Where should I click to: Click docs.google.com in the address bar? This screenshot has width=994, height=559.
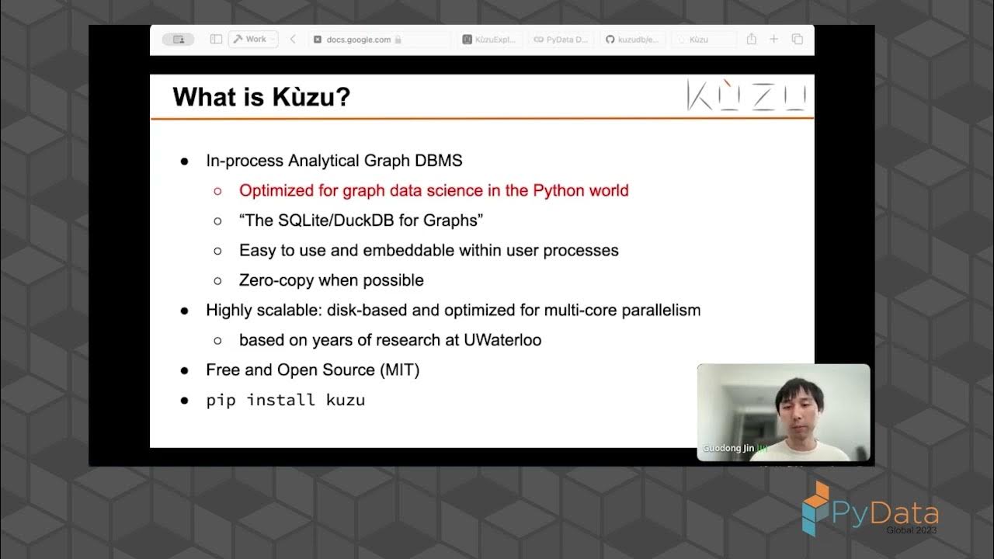tap(358, 40)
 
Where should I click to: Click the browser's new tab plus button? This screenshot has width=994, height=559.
tap(773, 40)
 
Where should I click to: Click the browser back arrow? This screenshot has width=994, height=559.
tap(293, 40)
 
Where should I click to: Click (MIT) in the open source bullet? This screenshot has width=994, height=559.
tap(399, 370)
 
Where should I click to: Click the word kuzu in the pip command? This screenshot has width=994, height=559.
tap(345, 401)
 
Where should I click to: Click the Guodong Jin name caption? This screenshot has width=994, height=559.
tap(728, 449)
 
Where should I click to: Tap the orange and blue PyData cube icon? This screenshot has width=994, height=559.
tap(817, 507)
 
